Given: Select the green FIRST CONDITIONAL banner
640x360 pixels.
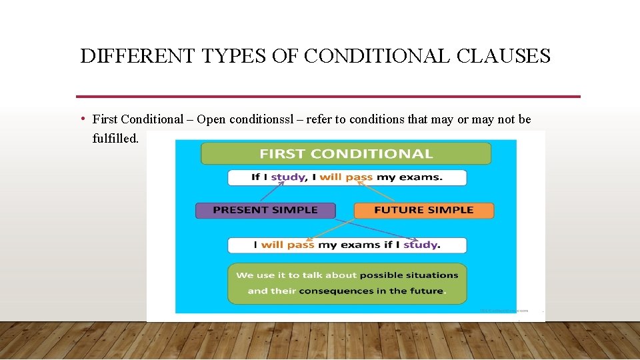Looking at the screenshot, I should tap(346, 154).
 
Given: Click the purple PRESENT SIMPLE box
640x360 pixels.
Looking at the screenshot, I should tap(265, 210).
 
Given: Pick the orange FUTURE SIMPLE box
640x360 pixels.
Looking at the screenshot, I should tap(424, 210).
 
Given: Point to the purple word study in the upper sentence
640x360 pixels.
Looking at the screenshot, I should tap(288, 177).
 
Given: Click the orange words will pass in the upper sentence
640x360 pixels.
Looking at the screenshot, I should tap(346, 177).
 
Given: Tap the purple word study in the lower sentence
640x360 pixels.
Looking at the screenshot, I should tap(420, 245).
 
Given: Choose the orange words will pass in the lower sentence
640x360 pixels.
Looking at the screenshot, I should tap(287, 245).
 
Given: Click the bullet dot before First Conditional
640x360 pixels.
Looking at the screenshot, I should tap(82, 119).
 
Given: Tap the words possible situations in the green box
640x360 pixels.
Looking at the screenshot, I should tap(409, 275).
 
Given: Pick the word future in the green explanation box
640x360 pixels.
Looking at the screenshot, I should tap(426, 291).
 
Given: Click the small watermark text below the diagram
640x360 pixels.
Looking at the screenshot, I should tap(503, 310).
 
